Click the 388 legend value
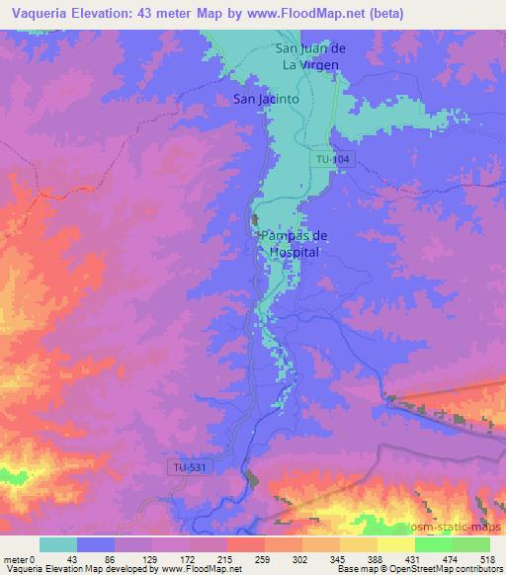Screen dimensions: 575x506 click(x=377, y=557)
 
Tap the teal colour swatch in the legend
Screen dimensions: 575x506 click(x=58, y=543)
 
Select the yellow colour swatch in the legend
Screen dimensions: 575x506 click(x=395, y=543)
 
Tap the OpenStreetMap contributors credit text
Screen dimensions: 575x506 click(x=446, y=569)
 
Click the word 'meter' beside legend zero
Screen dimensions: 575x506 click(x=17, y=557)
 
